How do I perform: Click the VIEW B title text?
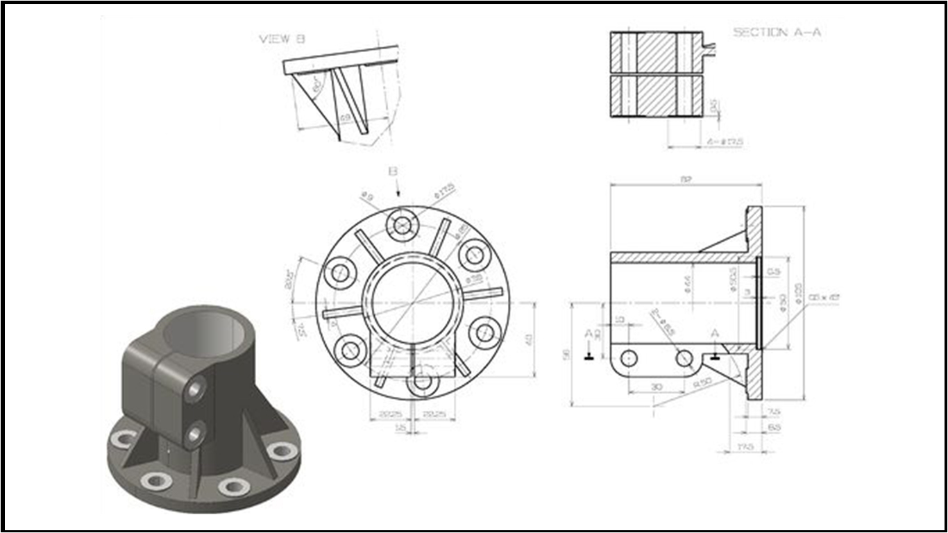[282, 40]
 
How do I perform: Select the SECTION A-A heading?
[777, 32]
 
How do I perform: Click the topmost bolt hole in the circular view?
[403, 225]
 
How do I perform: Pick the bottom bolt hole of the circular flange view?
[421, 381]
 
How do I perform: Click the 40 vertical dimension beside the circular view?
[528, 339]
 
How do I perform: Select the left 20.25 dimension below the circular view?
[387, 414]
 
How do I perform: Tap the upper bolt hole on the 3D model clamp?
[196, 389]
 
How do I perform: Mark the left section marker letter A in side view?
[589, 334]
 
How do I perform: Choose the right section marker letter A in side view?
[716, 334]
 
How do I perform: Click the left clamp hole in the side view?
[629, 358]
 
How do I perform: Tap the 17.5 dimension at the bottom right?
[746, 446]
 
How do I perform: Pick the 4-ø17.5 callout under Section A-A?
[725, 142]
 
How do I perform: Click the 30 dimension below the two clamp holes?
[656, 387]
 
